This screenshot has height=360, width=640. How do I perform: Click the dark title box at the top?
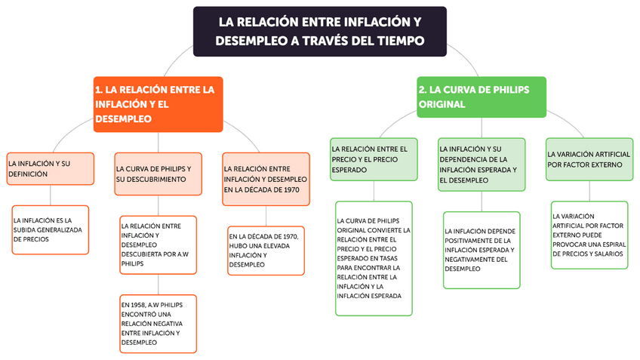pyautogui.click(x=319, y=31)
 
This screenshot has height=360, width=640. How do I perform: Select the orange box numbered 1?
pyautogui.click(x=158, y=104)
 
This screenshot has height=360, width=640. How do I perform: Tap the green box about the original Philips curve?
pyautogui.click(x=481, y=97)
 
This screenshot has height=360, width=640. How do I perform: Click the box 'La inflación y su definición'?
pyautogui.click(x=51, y=168)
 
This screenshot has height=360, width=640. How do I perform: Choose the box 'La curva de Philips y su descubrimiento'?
pyautogui.click(x=158, y=174)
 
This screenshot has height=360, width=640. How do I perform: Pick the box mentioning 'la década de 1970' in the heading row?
pyautogui.click(x=266, y=179)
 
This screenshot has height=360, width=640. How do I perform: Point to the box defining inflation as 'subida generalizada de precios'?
pyautogui.click(x=51, y=229)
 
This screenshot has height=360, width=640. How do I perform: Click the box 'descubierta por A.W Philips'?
pyautogui.click(x=158, y=245)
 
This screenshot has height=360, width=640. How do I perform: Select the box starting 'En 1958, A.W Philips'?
pyautogui.click(x=158, y=323)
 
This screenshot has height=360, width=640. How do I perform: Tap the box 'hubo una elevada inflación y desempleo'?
pyautogui.click(x=266, y=250)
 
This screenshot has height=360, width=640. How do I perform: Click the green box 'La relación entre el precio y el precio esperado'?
pyautogui.click(x=374, y=159)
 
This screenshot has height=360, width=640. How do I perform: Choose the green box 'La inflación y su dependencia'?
pyautogui.click(x=481, y=165)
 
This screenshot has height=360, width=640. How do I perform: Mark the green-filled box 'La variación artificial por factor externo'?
pyautogui.click(x=589, y=159)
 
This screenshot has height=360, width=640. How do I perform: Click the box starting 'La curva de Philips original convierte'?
pyautogui.click(x=374, y=258)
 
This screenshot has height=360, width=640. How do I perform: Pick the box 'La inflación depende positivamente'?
pyautogui.click(x=482, y=250)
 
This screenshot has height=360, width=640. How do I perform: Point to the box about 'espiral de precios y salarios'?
pyautogui.click(x=589, y=235)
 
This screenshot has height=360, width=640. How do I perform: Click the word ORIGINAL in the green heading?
pyautogui.click(x=442, y=104)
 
